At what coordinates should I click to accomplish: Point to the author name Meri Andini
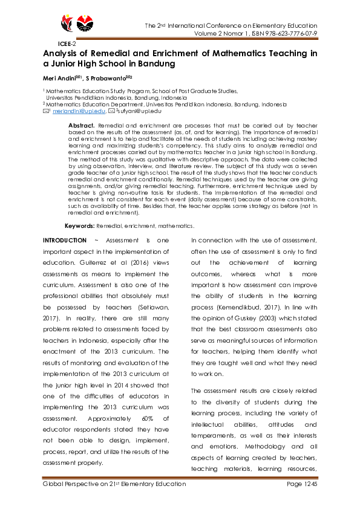(x=59, y=78)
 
